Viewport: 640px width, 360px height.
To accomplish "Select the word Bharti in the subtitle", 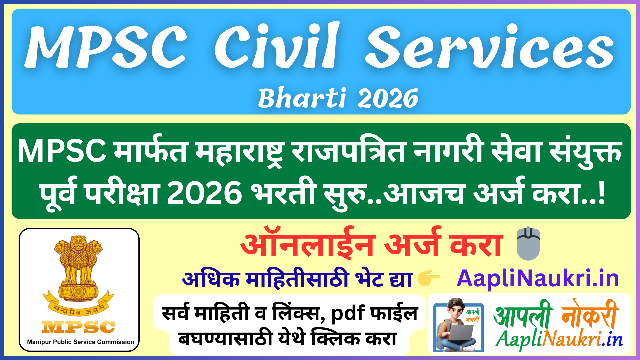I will tap(302, 98).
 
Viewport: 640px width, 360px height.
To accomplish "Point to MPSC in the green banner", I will tap(62, 151).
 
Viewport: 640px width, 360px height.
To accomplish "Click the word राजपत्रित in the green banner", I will tap(349, 151).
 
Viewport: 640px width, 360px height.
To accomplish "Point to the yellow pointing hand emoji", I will tap(428, 278).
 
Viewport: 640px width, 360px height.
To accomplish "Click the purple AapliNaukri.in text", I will tap(537, 278).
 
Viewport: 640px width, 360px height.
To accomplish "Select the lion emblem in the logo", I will tap(79, 267).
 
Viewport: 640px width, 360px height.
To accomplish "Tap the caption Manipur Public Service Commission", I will tap(81, 342).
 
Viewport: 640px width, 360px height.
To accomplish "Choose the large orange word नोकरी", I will tap(590, 315).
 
